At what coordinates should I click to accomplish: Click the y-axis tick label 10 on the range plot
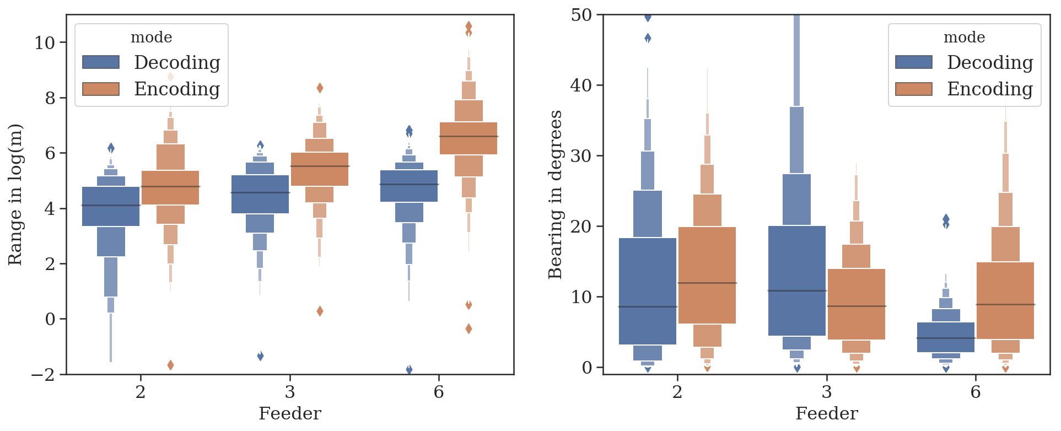coord(45,43)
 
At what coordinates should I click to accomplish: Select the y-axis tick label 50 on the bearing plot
coord(581,15)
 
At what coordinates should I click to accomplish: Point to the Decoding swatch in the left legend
coord(101,62)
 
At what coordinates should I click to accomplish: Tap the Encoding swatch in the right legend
coord(913,89)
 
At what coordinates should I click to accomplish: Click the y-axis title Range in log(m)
coord(15,195)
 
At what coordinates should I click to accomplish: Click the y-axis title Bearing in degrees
coord(555,195)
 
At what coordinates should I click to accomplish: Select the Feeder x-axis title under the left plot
coord(290,414)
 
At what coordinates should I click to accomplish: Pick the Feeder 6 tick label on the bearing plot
coord(976,392)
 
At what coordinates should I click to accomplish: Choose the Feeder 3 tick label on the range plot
coord(290,392)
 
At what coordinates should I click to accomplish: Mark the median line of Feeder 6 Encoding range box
coord(468,136)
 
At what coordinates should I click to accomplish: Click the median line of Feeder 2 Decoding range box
coord(111,206)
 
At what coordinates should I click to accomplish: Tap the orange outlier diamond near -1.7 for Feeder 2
coord(171,365)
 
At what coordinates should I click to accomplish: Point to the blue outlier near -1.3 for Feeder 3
coord(260,356)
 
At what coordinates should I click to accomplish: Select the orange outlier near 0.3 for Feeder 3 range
coord(320,311)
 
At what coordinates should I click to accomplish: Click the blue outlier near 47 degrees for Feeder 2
coord(648,38)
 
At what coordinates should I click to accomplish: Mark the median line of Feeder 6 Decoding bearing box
coord(946,338)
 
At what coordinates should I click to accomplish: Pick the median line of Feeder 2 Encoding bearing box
coord(707,283)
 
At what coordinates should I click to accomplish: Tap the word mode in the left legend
coord(152,37)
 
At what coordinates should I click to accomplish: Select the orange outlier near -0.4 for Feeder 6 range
coord(468,329)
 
